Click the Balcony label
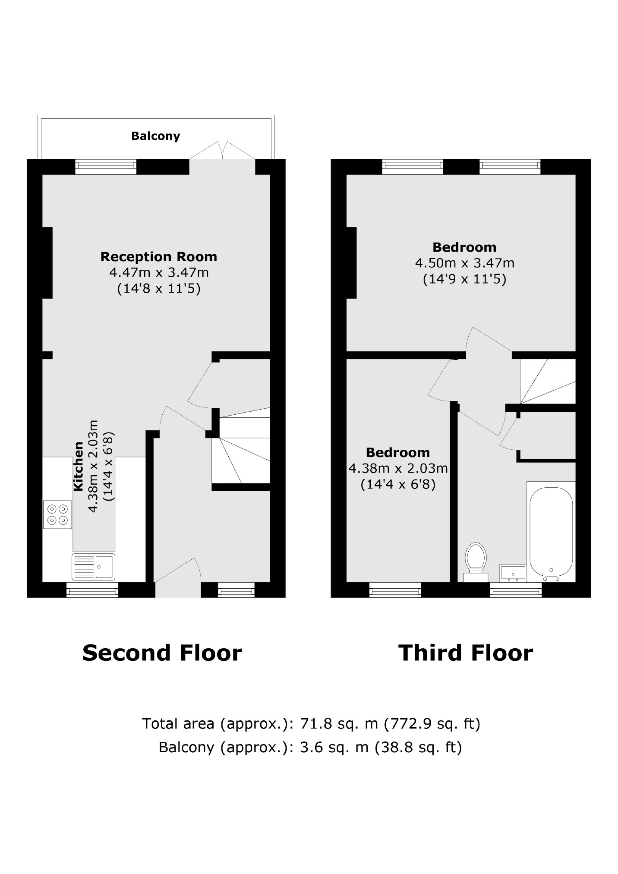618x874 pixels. point(155,136)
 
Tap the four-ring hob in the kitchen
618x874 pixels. point(57,514)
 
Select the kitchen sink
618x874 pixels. point(94,566)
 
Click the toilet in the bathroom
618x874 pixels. point(476,558)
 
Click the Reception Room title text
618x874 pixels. point(158,257)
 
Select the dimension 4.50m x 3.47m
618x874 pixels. point(464,263)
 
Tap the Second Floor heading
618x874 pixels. point(162,653)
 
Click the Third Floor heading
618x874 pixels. point(465,653)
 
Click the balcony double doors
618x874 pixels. point(222,152)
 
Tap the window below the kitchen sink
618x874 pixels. point(92,590)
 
